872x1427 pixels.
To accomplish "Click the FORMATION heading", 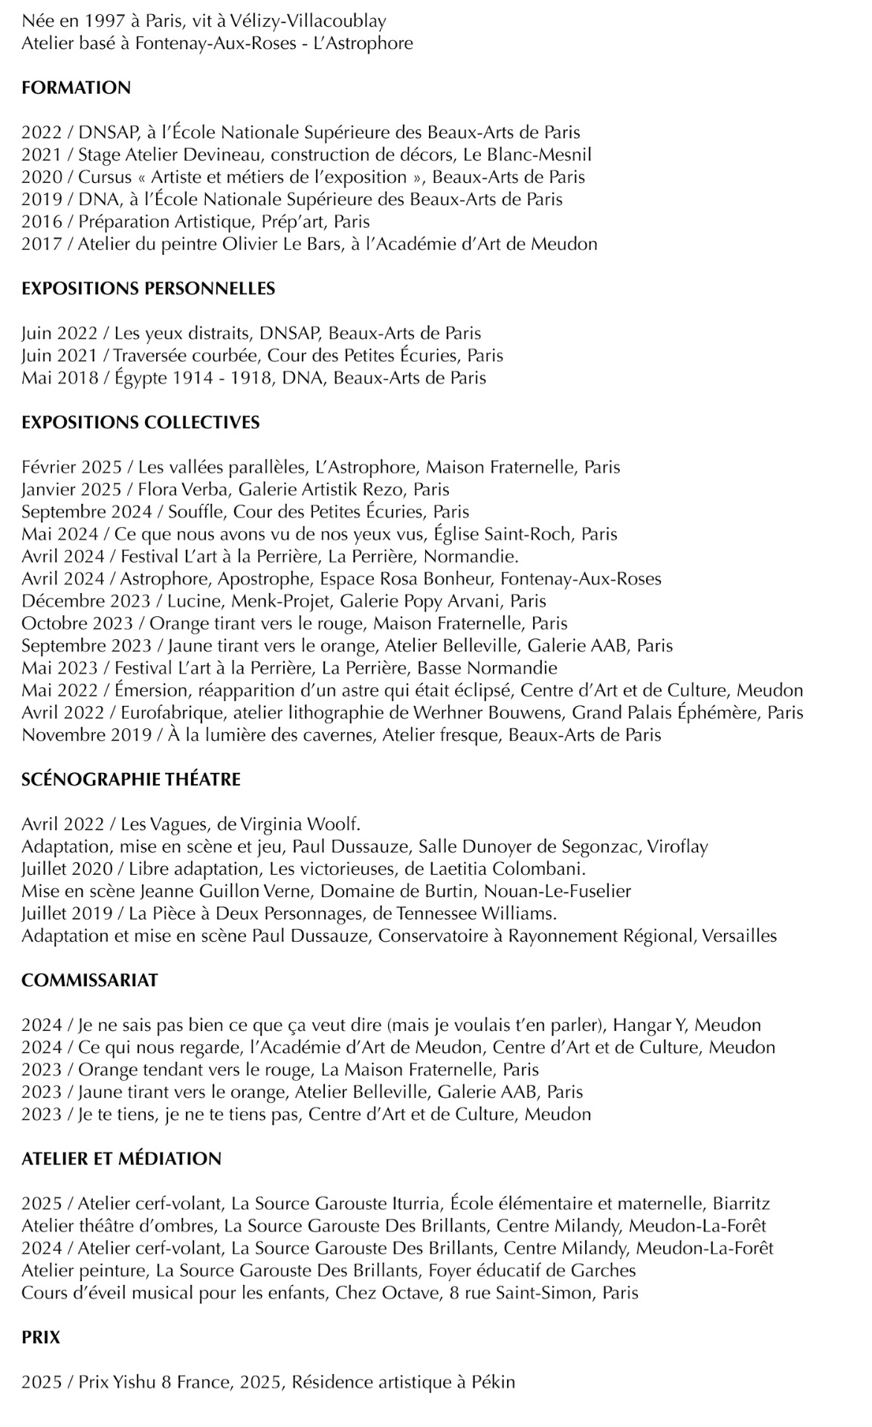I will point(76,88).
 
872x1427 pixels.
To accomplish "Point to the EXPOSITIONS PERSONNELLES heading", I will point(148,288).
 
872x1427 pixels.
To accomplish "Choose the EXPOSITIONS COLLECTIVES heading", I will point(141,422).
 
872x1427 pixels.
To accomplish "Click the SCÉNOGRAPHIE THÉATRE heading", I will point(131,779).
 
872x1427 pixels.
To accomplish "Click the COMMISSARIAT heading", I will point(90,980).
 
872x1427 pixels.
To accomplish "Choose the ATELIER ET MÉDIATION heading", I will point(121,1158).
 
